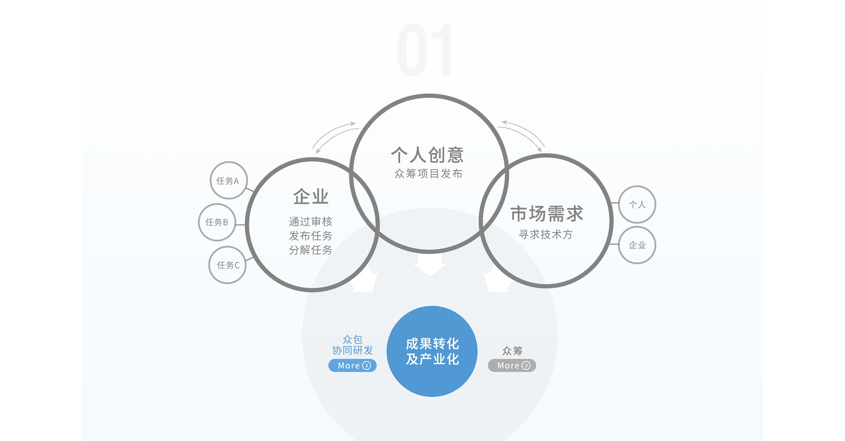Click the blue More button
point(352,366)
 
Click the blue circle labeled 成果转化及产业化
point(432,351)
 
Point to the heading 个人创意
point(427,155)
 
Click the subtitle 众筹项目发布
point(428,174)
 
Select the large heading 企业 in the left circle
point(311,197)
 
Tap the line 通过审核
point(311,221)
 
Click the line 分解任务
point(311,250)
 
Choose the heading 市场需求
point(547,214)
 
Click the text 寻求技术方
point(546,235)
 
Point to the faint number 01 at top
point(425,50)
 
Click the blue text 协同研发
point(352,351)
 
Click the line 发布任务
point(311,236)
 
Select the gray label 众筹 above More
point(512,351)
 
